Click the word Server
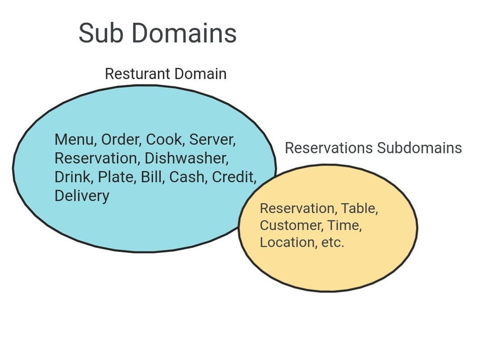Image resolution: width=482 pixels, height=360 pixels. (x=212, y=139)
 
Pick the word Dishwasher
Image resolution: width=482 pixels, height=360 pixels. (x=186, y=158)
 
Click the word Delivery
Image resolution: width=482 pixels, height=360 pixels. (x=82, y=196)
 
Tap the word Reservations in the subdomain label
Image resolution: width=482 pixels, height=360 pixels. (x=329, y=148)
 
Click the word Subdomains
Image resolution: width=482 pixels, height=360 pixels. (x=419, y=148)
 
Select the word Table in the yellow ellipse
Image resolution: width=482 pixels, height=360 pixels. (x=359, y=208)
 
